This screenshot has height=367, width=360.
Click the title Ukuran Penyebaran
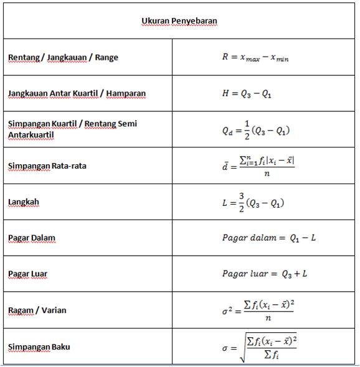[x=179, y=21]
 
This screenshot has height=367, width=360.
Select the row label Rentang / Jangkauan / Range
[x=63, y=57]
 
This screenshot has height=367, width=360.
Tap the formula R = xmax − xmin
[x=255, y=57]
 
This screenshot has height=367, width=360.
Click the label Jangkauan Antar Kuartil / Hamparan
[x=77, y=93]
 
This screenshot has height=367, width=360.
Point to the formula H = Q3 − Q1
[x=255, y=94]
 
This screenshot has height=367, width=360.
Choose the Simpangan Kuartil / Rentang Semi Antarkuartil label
[x=72, y=129]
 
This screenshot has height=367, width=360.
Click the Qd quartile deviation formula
[x=256, y=129]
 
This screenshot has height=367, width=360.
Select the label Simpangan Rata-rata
[x=47, y=165]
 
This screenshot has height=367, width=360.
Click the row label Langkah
[x=24, y=202]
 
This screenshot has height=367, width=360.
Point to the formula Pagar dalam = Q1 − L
[x=269, y=238]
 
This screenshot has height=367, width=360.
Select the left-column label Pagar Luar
[x=27, y=274]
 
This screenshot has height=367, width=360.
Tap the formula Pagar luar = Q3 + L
[x=264, y=274]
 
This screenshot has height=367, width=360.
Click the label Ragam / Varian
[x=37, y=310]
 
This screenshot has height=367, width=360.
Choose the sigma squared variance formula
[x=258, y=310]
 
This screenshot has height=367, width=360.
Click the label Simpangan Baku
[x=39, y=346]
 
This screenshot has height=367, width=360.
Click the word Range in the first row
[x=105, y=57]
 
